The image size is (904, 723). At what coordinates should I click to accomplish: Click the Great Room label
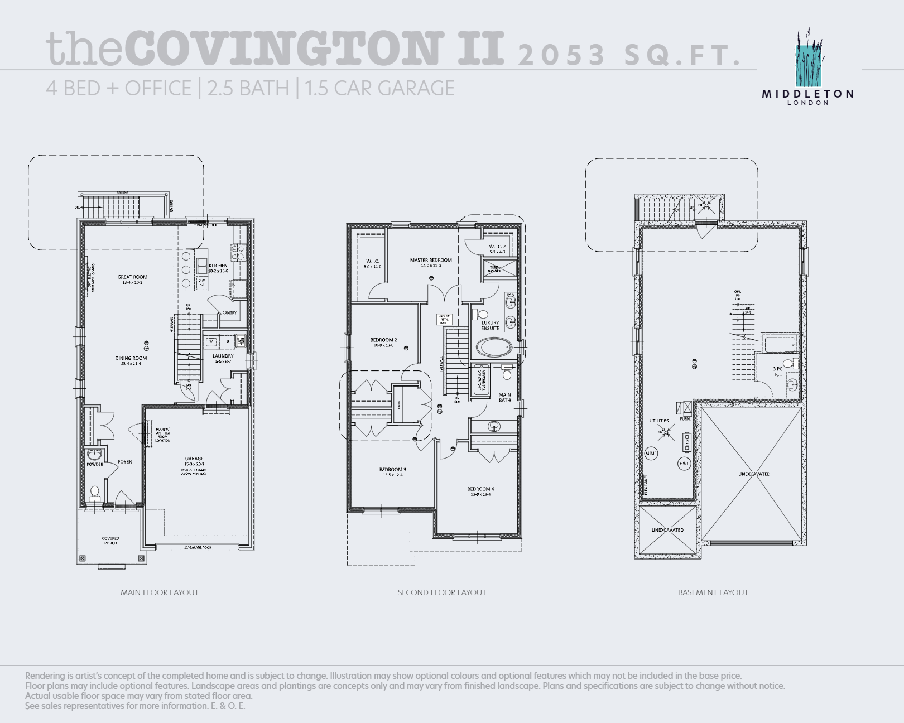132,277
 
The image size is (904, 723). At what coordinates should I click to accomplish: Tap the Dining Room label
131,359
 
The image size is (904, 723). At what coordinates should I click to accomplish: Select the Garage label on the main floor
194,459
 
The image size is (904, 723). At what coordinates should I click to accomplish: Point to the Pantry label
229,313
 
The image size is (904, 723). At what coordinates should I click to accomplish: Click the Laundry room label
223,356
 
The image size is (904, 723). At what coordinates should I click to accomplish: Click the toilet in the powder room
95,492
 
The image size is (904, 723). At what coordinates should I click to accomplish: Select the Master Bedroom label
431,261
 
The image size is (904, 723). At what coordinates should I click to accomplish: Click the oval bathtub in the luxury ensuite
493,348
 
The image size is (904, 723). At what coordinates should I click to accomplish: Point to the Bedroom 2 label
383,340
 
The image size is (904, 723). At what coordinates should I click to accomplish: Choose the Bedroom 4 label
480,489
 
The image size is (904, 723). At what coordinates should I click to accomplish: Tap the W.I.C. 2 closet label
497,247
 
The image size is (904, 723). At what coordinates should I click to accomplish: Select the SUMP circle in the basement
651,454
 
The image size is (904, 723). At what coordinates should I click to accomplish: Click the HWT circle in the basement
684,464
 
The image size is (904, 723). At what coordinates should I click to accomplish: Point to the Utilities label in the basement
659,421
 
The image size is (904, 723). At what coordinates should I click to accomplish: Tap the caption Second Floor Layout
441,592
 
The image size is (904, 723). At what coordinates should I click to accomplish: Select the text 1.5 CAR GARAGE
379,89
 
